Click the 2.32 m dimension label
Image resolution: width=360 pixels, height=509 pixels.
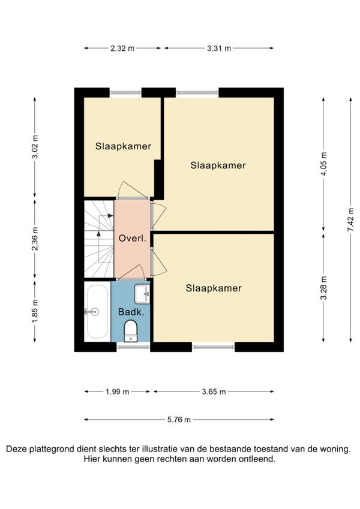click(122, 49)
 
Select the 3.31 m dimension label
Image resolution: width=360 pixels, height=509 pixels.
click(219, 49)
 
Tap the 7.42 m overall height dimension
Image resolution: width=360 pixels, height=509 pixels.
click(351, 219)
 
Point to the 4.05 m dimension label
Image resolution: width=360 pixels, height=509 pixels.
click(323, 164)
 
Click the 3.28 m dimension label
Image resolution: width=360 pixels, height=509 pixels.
click(323, 288)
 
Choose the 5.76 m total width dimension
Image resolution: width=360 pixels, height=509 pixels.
click(179, 420)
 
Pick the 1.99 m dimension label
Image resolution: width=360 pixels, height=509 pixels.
click(117, 392)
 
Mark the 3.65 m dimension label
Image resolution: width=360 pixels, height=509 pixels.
click(214, 392)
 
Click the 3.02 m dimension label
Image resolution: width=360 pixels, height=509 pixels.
click(35, 146)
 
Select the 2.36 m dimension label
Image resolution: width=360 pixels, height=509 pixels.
click(35, 239)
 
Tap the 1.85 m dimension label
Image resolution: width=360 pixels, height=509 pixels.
click(35, 311)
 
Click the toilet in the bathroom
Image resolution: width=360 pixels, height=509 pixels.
click(131, 331)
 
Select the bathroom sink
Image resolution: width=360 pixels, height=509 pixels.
click(142, 294)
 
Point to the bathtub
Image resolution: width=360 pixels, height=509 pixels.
click(97, 311)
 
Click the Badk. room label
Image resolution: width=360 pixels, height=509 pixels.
click(131, 312)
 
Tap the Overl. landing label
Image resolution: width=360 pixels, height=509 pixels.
click(133, 239)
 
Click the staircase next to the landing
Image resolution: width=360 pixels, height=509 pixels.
click(99, 239)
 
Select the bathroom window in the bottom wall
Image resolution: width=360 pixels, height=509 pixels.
click(133, 347)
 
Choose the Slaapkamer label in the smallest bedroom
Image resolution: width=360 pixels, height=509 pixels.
click(123, 146)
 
